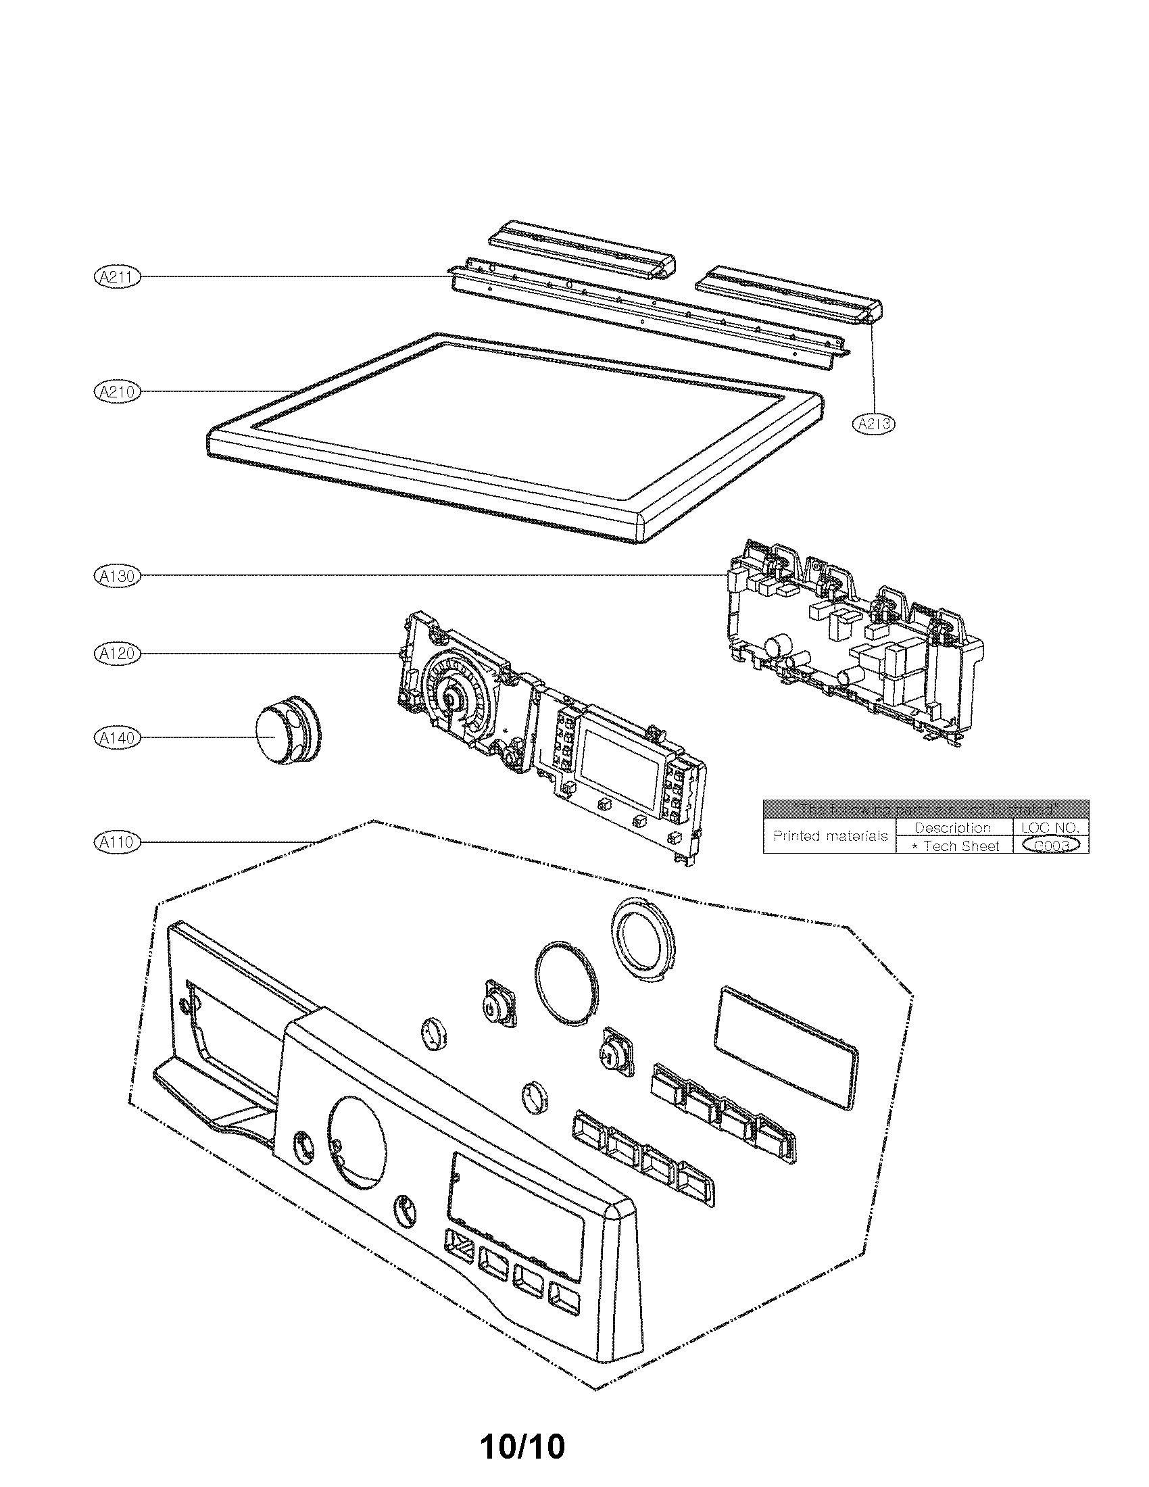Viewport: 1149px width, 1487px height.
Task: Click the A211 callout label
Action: (x=116, y=276)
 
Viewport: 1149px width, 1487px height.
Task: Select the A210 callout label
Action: (x=116, y=391)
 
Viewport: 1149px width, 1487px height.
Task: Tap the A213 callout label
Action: (x=873, y=424)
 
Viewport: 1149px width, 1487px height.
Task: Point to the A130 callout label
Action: (x=116, y=576)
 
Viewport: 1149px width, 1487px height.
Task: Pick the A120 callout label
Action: (x=116, y=654)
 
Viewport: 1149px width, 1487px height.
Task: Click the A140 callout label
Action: (x=116, y=737)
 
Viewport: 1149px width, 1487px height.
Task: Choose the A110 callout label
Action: (x=116, y=842)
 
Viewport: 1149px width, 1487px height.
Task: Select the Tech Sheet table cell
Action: (x=955, y=846)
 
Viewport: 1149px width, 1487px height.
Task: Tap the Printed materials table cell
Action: (x=830, y=836)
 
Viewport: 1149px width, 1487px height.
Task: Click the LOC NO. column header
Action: (x=1050, y=827)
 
